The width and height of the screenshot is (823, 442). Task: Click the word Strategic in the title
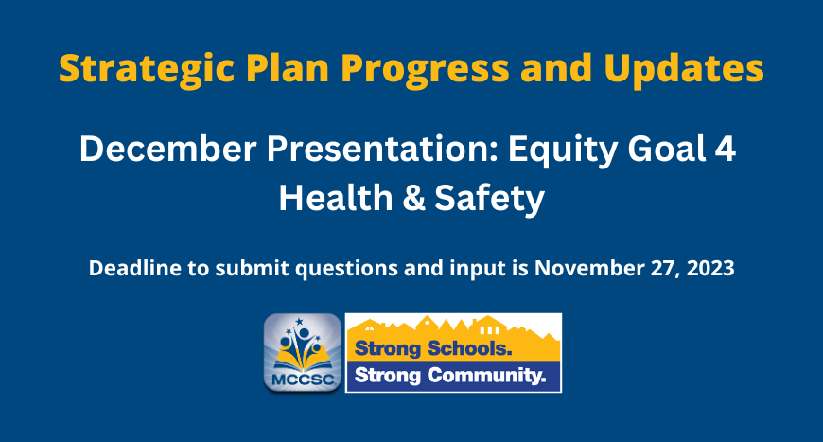tap(147, 69)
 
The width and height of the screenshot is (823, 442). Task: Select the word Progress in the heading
tap(425, 70)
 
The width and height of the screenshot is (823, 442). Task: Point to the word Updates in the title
tap(684, 68)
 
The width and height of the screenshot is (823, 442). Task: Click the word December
tap(168, 149)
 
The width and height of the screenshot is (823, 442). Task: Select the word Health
tap(336, 198)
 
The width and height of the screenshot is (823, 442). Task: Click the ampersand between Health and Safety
tap(414, 199)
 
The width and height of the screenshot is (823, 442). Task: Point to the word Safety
tap(489, 200)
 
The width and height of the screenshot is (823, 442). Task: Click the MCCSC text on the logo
tap(303, 379)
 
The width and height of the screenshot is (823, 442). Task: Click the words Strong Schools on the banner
tap(433, 348)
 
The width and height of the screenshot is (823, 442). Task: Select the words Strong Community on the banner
tap(450, 376)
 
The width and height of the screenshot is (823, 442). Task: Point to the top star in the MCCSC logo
tap(299, 321)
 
